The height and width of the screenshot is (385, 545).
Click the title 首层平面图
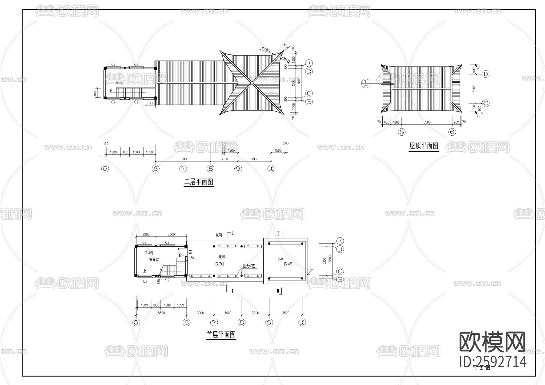[x=221, y=335]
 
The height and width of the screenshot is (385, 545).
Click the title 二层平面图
[x=199, y=182]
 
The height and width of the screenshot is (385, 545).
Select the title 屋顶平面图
[x=424, y=146]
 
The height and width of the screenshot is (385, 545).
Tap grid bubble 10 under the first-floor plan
[x=302, y=322]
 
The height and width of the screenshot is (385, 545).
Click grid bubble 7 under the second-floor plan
[x=183, y=169]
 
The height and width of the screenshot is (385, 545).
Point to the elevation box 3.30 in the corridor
[x=220, y=264]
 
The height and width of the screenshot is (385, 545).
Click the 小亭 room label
[x=280, y=259]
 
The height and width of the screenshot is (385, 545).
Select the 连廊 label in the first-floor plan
[x=222, y=257]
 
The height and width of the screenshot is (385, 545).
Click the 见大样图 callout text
[x=249, y=266]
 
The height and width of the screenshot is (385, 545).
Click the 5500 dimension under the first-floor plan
[x=161, y=313]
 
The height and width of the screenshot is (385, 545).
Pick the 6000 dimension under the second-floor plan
[x=183, y=159]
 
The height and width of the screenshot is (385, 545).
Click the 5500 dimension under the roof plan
[x=427, y=122]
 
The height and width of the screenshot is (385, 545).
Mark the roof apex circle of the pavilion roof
[x=252, y=83]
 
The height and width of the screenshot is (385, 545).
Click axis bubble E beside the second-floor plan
[x=309, y=63]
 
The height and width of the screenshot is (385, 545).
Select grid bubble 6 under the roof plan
[x=452, y=132]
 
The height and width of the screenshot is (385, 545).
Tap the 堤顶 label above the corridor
[x=219, y=235]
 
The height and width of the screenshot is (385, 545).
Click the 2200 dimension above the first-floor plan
[x=146, y=235]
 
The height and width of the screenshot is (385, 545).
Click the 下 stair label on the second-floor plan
[x=111, y=90]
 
